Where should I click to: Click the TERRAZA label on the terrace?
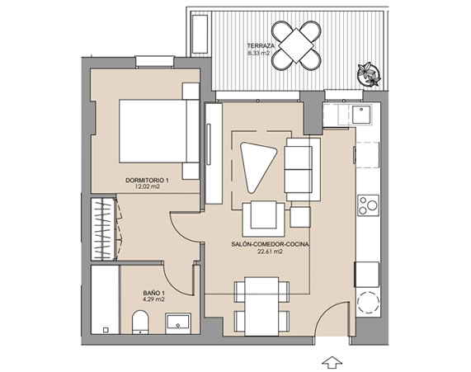[x=261, y=46]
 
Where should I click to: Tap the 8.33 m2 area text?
[x=259, y=53]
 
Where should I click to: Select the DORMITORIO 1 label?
[x=147, y=181]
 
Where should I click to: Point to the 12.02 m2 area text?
[x=147, y=186]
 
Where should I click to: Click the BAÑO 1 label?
[x=153, y=293]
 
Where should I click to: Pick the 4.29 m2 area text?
[x=153, y=299]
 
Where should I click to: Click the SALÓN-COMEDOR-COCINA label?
[x=270, y=245]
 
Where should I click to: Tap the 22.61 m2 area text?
[x=270, y=252]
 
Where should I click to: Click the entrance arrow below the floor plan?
[x=332, y=362]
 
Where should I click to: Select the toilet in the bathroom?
[x=140, y=322]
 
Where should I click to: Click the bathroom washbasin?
[x=178, y=323]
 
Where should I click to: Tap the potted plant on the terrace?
[x=369, y=74]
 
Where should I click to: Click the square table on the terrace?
[x=296, y=45]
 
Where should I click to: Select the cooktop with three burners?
[x=368, y=205]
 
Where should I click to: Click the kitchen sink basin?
[x=361, y=114]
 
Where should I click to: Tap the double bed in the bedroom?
[x=159, y=131]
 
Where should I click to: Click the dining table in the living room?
[x=261, y=307]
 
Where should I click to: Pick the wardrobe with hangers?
[x=103, y=228]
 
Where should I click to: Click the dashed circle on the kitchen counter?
[x=367, y=303]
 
